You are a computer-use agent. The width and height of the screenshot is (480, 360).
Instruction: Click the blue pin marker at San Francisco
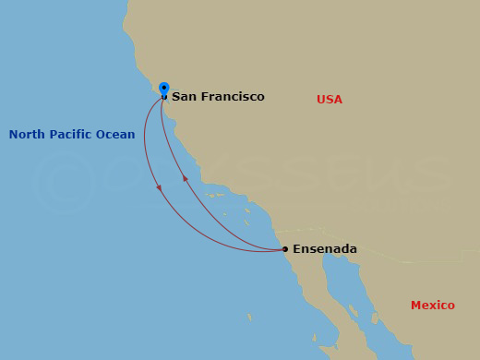tap(164, 89)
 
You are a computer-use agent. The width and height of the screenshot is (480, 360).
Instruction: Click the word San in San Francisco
tap(183, 97)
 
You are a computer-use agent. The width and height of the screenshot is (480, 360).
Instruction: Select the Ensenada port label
tap(324, 249)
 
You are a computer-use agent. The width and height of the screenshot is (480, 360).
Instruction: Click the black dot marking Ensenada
tap(285, 249)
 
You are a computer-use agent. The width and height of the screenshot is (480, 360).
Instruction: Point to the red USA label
tap(330, 100)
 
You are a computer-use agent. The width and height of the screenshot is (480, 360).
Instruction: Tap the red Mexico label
tap(433, 306)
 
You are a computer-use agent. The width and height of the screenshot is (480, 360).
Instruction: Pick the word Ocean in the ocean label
tap(116, 135)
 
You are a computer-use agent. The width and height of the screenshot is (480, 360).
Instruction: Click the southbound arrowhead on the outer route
tap(160, 188)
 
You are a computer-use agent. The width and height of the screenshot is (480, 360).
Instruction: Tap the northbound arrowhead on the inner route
tap(185, 178)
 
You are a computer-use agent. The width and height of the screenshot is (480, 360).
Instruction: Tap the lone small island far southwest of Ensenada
tap(249, 318)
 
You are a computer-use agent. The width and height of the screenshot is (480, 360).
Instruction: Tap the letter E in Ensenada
tap(296, 249)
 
